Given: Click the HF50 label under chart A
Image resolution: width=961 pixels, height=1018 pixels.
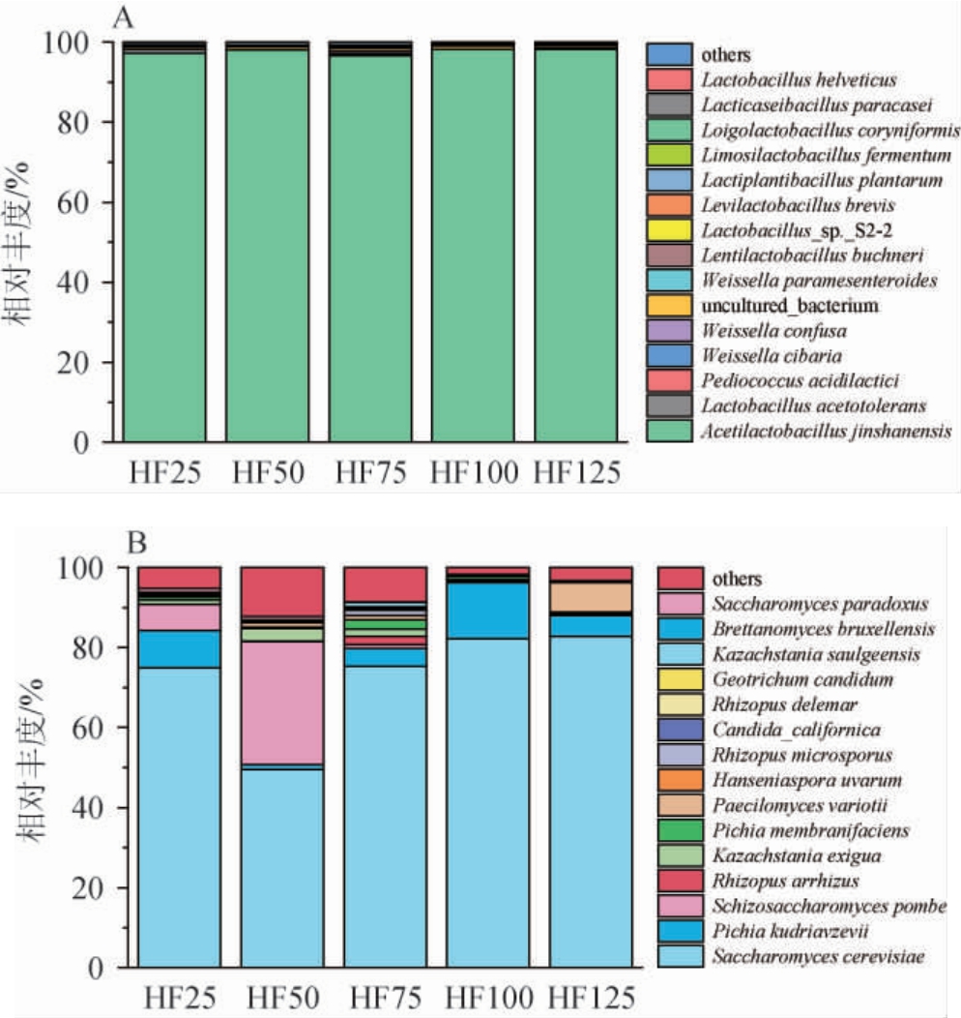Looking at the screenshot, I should [x=267, y=474].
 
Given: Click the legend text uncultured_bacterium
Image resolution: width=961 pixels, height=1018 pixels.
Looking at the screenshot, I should [x=791, y=306].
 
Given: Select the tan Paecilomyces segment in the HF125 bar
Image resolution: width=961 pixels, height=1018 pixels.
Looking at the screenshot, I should [x=590, y=597].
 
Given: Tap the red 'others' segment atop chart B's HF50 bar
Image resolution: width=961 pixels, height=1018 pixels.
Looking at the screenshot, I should [x=282, y=590].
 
